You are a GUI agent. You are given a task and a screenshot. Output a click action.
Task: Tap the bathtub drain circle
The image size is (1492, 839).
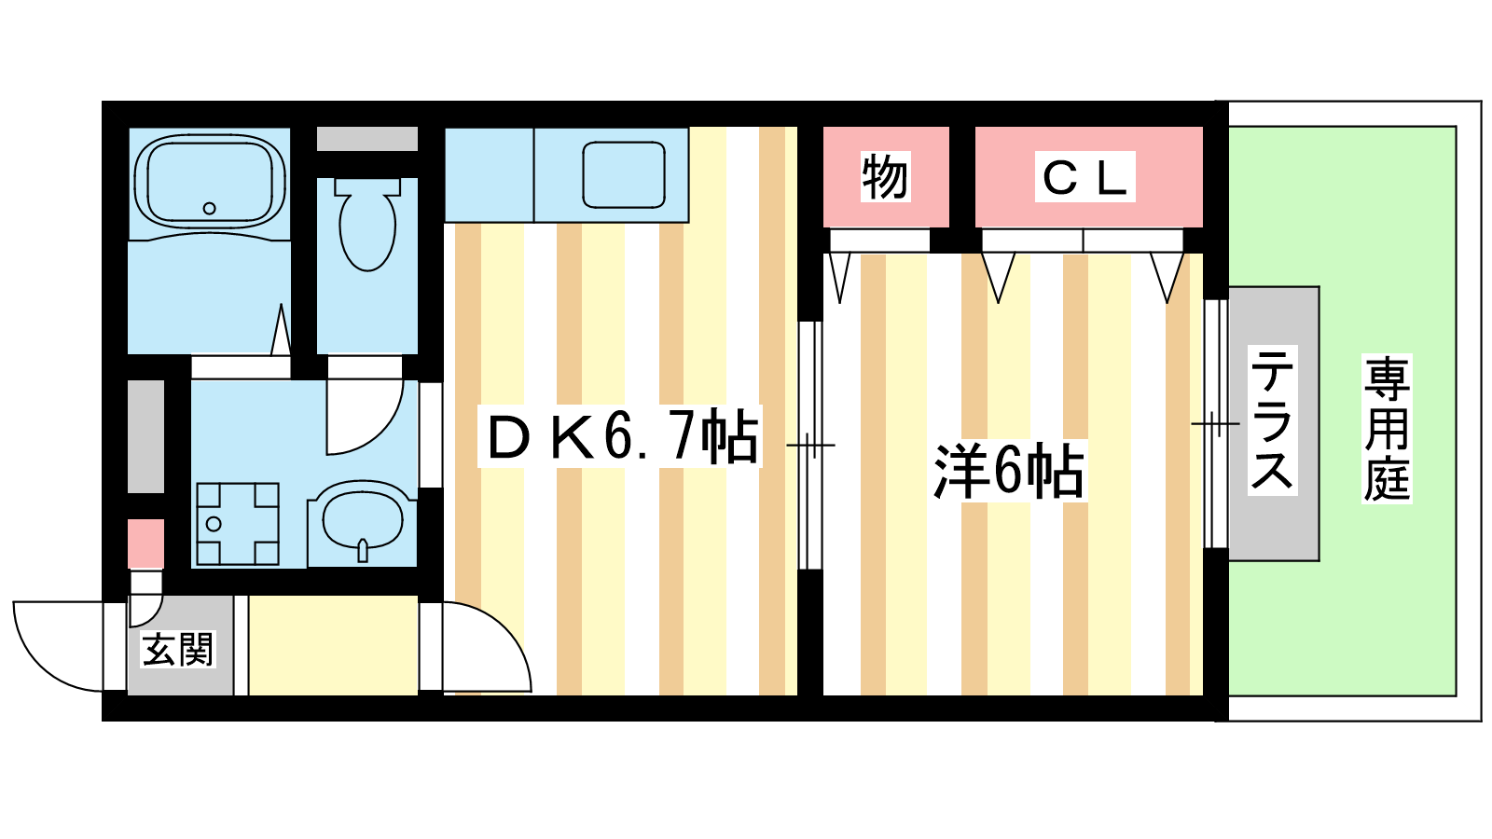point(209,209)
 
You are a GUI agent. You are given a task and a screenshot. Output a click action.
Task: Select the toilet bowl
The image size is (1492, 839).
point(367,224)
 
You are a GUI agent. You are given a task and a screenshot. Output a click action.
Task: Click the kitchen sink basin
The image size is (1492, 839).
point(624,174)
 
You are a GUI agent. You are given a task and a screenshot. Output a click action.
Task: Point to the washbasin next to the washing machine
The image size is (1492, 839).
point(363,523)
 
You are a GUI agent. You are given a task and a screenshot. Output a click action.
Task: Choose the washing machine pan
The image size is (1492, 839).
point(238,524)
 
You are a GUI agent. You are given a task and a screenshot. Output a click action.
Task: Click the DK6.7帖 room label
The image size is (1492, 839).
point(621,437)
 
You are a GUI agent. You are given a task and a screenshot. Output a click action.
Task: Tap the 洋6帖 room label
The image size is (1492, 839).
point(1008,472)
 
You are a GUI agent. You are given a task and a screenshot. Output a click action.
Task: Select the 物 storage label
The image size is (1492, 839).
point(885,177)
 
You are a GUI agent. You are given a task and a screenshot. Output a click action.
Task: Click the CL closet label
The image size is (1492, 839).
point(1084,177)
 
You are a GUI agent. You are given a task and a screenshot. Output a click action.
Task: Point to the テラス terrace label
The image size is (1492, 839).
point(1272,420)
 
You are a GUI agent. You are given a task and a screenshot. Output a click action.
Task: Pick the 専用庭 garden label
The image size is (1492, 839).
point(1387,429)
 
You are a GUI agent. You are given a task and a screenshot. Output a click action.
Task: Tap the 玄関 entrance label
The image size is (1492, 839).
point(178,649)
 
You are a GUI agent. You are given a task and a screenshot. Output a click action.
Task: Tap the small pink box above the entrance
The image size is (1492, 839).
point(145,543)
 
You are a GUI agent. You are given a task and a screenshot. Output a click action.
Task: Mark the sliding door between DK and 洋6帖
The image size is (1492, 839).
point(810,445)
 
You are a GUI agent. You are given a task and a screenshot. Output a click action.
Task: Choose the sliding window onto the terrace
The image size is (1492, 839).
point(1216,423)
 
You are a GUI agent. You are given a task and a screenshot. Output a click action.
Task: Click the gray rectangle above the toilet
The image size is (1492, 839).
point(367,139)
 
